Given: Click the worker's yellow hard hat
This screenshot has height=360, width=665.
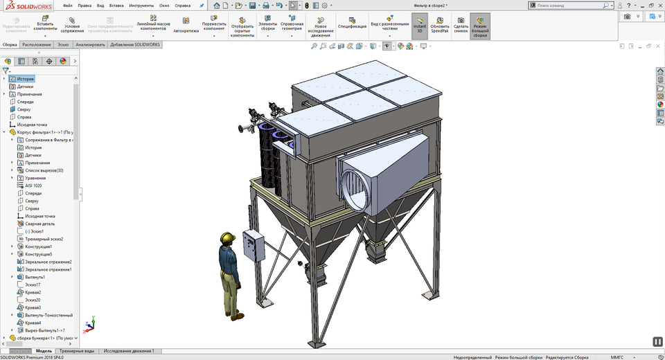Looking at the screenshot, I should point(226,238).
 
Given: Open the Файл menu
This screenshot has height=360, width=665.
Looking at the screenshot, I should point(68,5).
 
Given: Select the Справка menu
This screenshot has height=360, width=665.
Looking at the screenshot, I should point(183,5).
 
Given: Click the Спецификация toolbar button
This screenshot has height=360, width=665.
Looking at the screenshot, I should point(352,26).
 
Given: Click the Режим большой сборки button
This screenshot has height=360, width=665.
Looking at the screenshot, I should point(480,26).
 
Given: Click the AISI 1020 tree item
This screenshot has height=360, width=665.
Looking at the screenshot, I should point(34,186).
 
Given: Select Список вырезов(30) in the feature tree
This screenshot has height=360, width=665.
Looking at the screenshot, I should point(44,170).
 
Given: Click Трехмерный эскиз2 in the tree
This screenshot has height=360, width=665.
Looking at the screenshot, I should point(44,239).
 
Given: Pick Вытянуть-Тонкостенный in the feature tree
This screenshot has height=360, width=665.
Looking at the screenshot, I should point(48,315).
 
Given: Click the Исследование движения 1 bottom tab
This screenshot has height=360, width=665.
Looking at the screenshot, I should point(129,351).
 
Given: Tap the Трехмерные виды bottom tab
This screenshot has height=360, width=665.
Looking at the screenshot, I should point(76,351).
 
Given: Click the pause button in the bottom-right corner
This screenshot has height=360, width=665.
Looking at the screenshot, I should point(657,341).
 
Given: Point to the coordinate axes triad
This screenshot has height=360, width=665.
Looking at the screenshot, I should point(89,323).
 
